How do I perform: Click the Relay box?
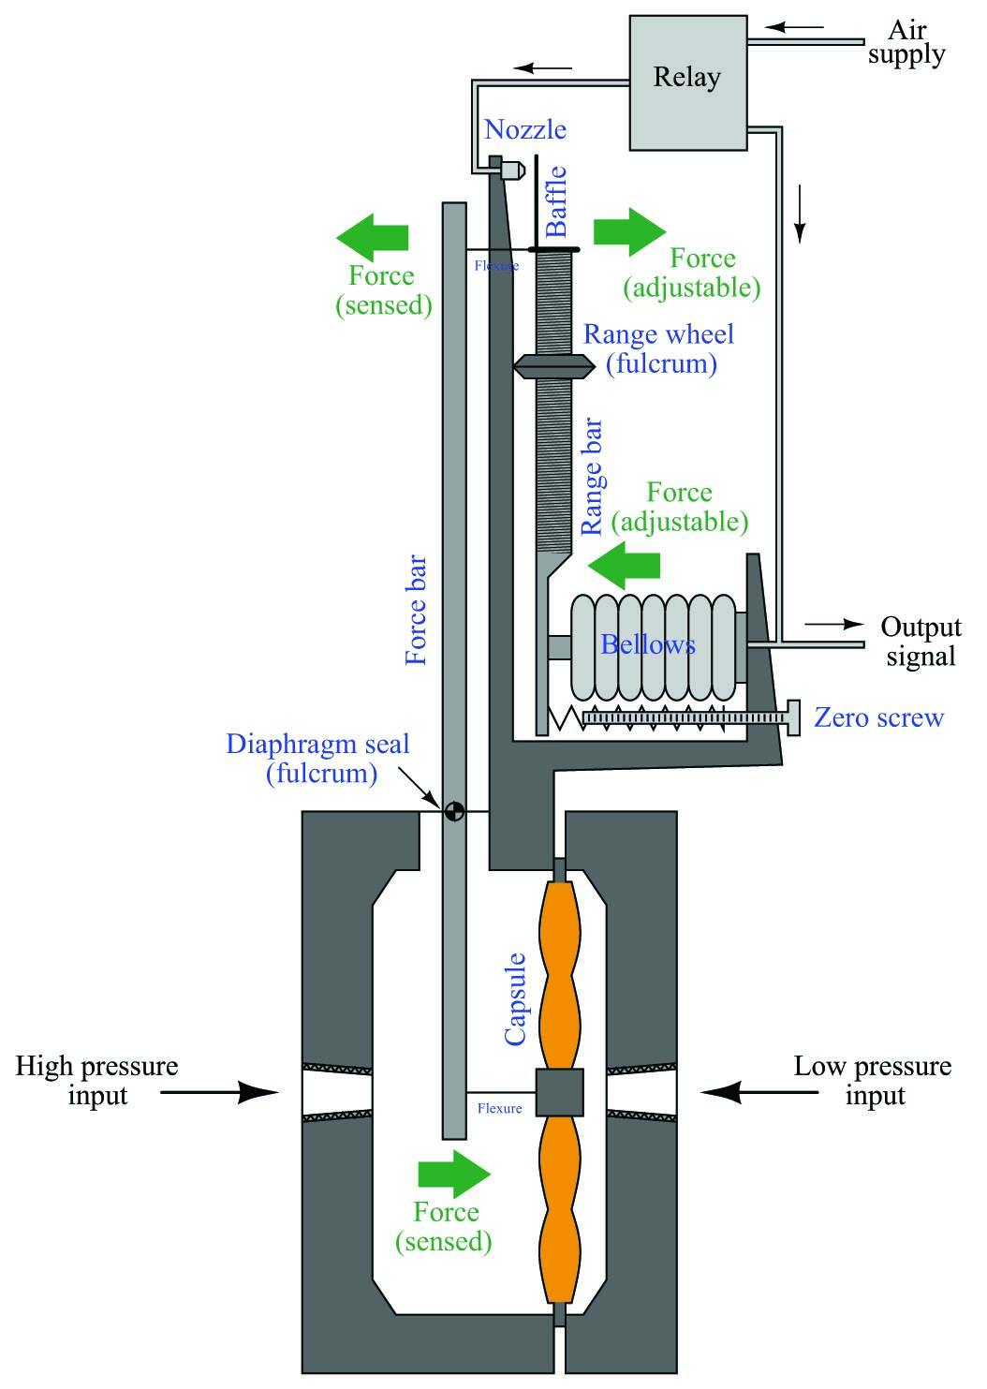tap(687, 82)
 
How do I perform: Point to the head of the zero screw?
tap(793, 717)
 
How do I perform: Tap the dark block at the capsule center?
tap(559, 1092)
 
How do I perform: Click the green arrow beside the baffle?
tap(629, 231)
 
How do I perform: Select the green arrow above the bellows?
tap(624, 565)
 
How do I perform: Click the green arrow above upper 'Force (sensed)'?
tap(373, 238)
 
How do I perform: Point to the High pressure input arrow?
tap(219, 1093)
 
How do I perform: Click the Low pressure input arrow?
tap(759, 1093)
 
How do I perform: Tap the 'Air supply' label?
tap(906, 42)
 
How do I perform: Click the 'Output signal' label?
tap(921, 642)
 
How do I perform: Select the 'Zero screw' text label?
tap(878, 717)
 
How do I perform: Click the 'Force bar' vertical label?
tap(416, 610)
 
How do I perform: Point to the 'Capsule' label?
tap(515, 999)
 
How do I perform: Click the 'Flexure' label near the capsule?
tap(500, 1108)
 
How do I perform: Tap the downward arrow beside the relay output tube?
tap(801, 214)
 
